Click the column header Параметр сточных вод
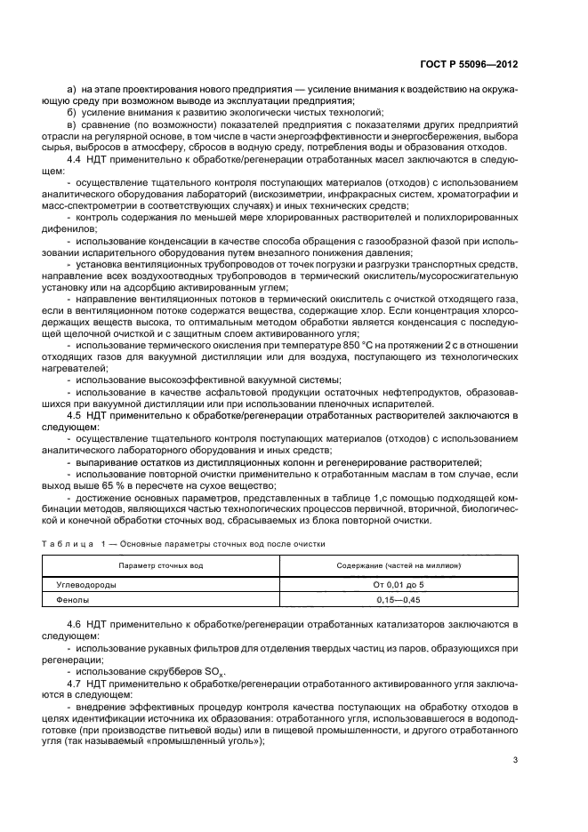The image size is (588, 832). coord(162,565)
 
